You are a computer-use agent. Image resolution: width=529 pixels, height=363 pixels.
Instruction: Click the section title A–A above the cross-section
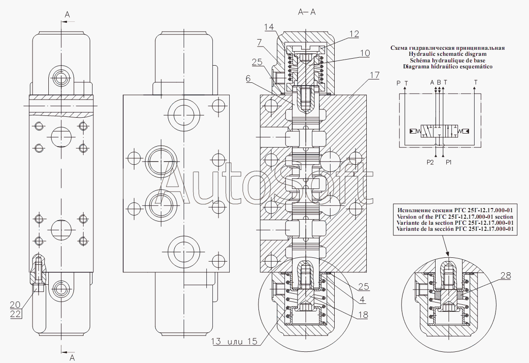pyautogui.click(x=307, y=12)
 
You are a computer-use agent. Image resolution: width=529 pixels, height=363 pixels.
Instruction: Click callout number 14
pyautogui.click(x=270, y=27)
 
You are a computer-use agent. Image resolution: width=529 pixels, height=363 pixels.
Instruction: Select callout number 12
pyautogui.click(x=354, y=34)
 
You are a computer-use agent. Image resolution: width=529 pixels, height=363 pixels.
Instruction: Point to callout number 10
pyautogui.click(x=365, y=53)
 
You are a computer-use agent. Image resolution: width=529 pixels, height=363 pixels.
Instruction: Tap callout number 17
pyautogui.click(x=375, y=75)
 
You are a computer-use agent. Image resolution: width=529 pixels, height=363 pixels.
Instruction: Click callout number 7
pyautogui.click(x=259, y=42)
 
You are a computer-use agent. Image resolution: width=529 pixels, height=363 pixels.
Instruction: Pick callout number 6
pyautogui.click(x=248, y=79)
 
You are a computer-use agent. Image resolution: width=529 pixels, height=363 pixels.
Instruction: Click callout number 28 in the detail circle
pyautogui.click(x=505, y=276)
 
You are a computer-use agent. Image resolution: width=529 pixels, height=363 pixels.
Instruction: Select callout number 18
pyautogui.click(x=363, y=315)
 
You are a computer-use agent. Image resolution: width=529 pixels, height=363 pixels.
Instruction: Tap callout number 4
pyautogui.click(x=362, y=299)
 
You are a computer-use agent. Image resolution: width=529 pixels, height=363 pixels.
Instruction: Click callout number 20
pyautogui.click(x=15, y=305)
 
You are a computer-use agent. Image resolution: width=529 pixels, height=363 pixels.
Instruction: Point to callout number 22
pyautogui.click(x=15, y=314)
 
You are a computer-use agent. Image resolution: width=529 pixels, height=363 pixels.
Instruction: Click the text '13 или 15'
pyautogui.click(x=234, y=342)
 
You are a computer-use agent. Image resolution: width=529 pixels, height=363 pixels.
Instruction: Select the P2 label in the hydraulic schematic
pyautogui.click(x=430, y=162)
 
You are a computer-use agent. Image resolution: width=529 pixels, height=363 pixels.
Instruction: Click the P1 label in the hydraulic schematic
pyautogui.click(x=449, y=162)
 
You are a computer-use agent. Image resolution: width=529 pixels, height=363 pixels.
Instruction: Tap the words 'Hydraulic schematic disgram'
pyautogui.click(x=448, y=54)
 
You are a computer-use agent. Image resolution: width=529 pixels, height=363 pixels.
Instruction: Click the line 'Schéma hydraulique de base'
pyautogui.click(x=448, y=60)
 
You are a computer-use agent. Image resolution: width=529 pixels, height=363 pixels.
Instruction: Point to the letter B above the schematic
pyautogui.click(x=439, y=82)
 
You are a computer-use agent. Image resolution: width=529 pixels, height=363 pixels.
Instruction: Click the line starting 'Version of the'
pyautogui.click(x=455, y=217)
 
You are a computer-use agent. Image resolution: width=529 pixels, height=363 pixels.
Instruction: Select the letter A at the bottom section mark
pyautogui.click(x=72, y=357)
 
